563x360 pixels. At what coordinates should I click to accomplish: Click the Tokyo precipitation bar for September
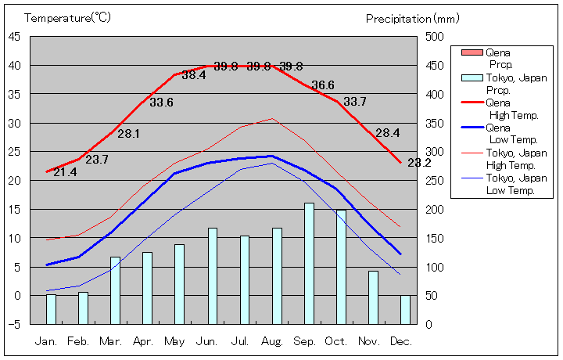point(310,263)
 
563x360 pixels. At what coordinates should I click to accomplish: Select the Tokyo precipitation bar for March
point(116,290)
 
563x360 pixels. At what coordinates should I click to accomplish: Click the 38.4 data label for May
point(194,76)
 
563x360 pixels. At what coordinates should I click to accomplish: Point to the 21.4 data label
point(65,172)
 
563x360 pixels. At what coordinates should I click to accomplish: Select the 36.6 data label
point(323,85)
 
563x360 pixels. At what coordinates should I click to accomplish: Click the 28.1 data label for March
point(129,134)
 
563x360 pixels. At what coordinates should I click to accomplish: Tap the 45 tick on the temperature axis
point(15,36)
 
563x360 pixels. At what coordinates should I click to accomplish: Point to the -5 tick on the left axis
point(16,324)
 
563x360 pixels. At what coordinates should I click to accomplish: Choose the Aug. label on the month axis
point(272,342)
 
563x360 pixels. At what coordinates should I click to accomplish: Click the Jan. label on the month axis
point(47,342)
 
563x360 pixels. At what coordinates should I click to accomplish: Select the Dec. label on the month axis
point(401,342)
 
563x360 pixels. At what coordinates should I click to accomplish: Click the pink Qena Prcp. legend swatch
point(472,52)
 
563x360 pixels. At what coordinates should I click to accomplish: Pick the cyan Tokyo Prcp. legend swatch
point(472,77)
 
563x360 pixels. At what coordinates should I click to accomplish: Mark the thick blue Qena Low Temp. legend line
point(472,128)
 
